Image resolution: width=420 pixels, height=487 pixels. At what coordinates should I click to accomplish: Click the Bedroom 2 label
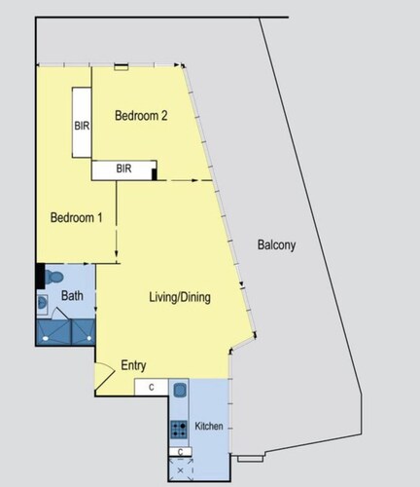pyautogui.click(x=141, y=116)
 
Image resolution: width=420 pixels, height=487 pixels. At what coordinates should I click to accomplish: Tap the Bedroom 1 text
pyautogui.click(x=77, y=217)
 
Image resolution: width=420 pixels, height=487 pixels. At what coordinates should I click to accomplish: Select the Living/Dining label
pyautogui.click(x=180, y=297)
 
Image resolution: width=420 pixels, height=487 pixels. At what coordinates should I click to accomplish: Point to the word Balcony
pyautogui.click(x=276, y=244)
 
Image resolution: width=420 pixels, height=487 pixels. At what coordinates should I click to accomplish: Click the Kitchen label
pyautogui.click(x=209, y=426)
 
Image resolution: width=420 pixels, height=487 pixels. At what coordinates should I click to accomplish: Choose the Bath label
pyautogui.click(x=72, y=296)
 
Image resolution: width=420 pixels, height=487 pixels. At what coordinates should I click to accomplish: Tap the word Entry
pyautogui.click(x=133, y=365)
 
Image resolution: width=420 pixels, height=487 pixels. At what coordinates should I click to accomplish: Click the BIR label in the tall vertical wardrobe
pyautogui.click(x=82, y=126)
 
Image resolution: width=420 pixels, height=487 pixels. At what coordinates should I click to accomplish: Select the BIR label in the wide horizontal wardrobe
pyautogui.click(x=123, y=169)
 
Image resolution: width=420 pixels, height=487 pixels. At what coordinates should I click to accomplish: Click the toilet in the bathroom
pyautogui.click(x=53, y=277)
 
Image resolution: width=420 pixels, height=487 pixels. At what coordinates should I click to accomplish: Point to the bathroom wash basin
pyautogui.click(x=42, y=304)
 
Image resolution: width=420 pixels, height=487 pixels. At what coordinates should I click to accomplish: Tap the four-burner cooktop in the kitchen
pyautogui.click(x=179, y=430)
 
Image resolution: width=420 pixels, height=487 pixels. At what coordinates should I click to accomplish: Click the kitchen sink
pyautogui.click(x=180, y=390)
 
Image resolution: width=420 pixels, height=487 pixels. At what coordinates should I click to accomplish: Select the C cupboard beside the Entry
pyautogui.click(x=152, y=388)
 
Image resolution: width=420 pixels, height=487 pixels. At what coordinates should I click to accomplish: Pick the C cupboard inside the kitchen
pyautogui.click(x=181, y=452)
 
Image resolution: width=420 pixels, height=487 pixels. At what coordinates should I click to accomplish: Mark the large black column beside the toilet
pyautogui.click(x=40, y=276)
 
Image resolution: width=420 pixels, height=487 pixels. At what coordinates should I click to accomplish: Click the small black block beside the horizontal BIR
pyautogui.click(x=155, y=174)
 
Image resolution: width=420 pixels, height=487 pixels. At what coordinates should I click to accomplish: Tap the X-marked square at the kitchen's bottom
pyautogui.click(x=181, y=469)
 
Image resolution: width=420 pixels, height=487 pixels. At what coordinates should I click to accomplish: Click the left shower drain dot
pyautogui.click(x=46, y=338)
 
